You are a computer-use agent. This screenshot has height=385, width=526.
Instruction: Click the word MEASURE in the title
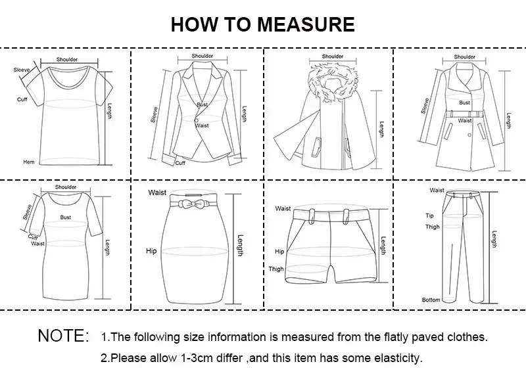pos(306,24)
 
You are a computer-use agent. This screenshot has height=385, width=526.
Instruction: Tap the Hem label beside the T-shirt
pos(28,162)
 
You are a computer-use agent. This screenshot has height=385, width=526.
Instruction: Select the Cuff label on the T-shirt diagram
pos(22,99)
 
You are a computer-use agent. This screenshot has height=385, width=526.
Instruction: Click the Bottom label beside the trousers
pos(431,300)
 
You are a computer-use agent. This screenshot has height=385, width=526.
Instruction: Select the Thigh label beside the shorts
pos(275,269)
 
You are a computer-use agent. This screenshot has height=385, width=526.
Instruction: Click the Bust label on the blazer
pos(202,105)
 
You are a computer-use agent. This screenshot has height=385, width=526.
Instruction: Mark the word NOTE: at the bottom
pos(63,336)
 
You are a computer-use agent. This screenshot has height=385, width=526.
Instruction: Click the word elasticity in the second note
pos(397,359)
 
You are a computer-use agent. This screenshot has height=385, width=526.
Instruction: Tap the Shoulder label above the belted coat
pos(464,57)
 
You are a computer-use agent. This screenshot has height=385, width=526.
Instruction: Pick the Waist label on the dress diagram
pos(37,243)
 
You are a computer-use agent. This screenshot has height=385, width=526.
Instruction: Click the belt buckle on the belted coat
pos(465,114)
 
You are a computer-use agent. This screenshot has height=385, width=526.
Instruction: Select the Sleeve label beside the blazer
pos(155,115)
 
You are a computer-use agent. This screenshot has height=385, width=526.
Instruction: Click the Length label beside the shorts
pos(383,247)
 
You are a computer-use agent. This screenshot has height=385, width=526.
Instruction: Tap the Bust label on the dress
pos(66,217)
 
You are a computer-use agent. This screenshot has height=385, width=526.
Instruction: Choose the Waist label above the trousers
pos(437,191)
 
